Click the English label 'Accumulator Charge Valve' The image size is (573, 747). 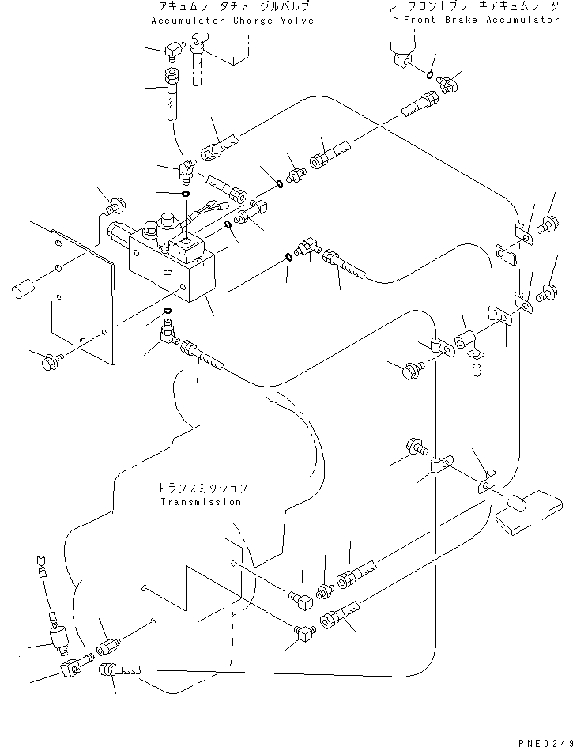[x=232, y=21]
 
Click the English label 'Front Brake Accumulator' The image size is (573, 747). [x=481, y=20]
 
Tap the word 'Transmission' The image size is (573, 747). [x=201, y=502]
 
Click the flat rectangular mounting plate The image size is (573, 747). [x=83, y=296]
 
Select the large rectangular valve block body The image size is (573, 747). [x=172, y=265]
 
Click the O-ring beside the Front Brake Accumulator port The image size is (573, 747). [x=430, y=74]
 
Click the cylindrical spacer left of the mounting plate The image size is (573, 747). [x=23, y=289]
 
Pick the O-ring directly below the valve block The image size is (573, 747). [x=168, y=311]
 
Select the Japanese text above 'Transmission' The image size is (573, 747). [x=203, y=489]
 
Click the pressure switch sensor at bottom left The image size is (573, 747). [x=59, y=637]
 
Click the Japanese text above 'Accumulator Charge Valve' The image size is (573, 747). [x=233, y=6]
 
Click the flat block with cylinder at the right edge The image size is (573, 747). [x=529, y=511]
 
